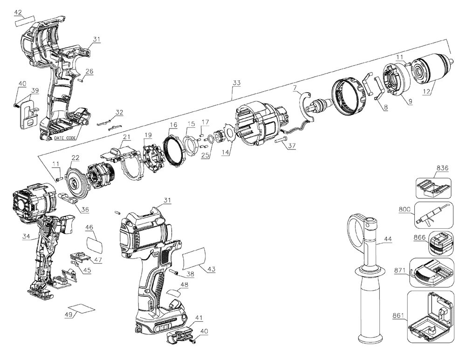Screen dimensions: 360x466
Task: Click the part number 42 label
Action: (x=18, y=12)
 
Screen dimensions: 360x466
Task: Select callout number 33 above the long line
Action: (x=236, y=83)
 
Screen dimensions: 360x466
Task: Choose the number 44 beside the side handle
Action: (x=388, y=240)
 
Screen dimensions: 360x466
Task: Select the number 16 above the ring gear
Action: (x=173, y=125)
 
